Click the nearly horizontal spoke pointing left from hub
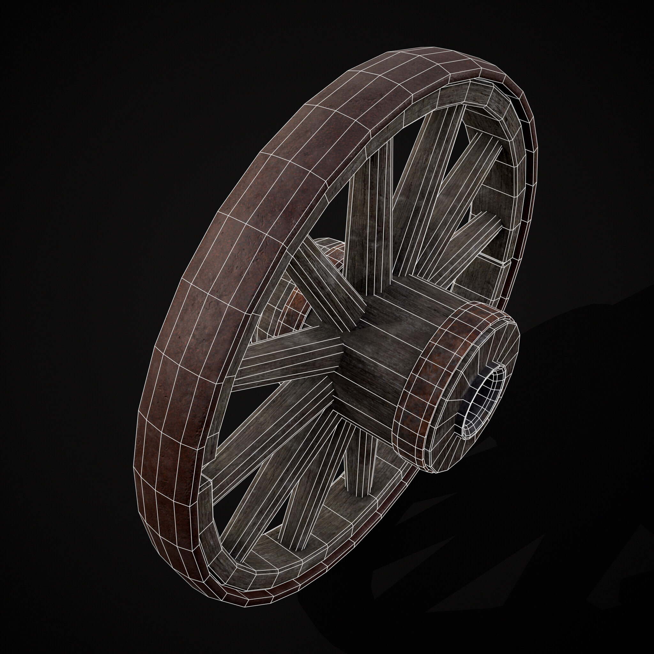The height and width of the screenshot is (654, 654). click(x=288, y=359)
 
